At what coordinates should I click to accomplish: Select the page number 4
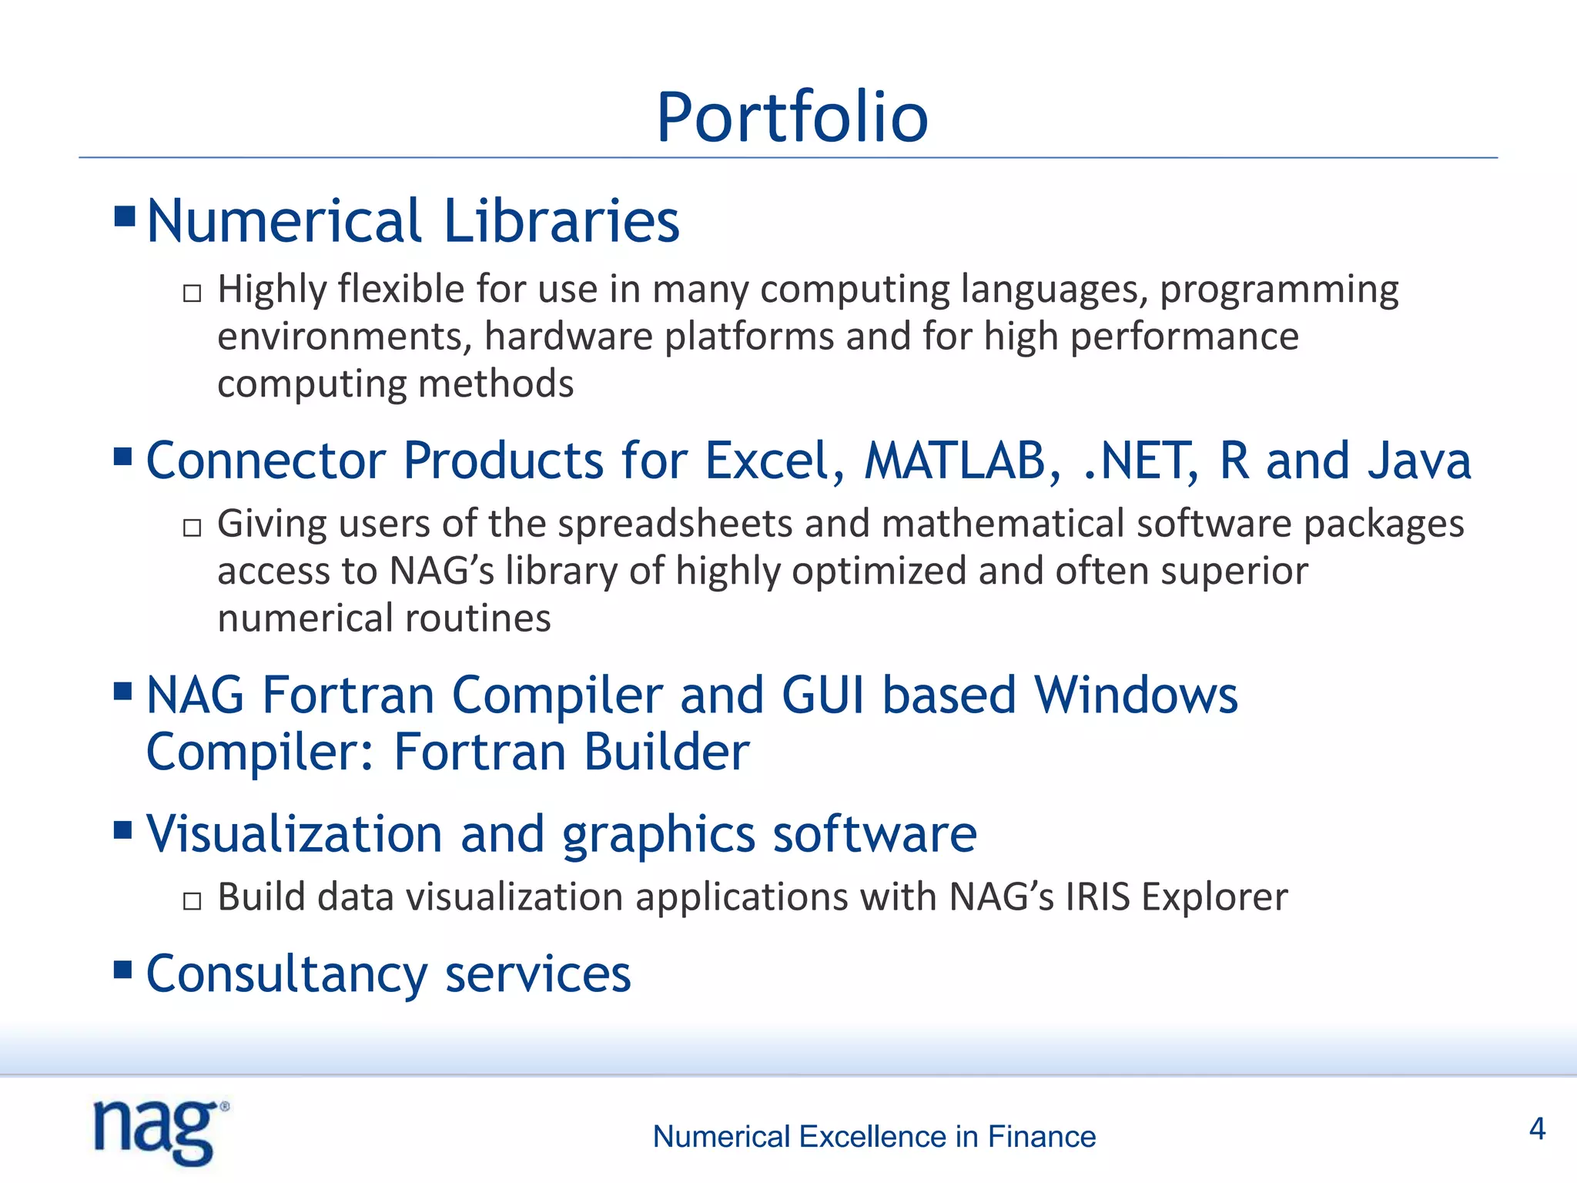click(x=1537, y=1129)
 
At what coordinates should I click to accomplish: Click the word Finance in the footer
click(x=1041, y=1137)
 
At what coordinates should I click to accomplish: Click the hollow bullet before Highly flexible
click(x=193, y=293)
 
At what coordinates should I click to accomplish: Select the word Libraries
click(x=561, y=221)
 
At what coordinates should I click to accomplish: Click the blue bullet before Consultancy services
click(x=123, y=969)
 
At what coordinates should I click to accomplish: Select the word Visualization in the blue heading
click(x=294, y=834)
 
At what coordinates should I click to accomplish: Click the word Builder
click(x=666, y=752)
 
